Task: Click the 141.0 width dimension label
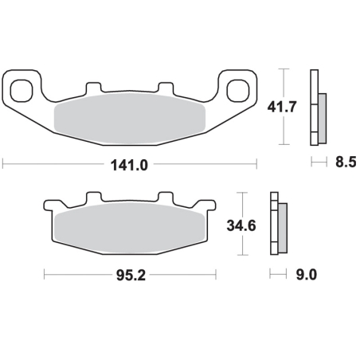(129, 166)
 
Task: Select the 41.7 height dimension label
(282, 107)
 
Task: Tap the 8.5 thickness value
(346, 162)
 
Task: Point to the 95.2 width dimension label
(131, 276)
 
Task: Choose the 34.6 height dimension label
(241, 225)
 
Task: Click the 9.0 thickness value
(307, 274)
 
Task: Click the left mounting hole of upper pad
(22, 90)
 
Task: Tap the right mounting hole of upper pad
(238, 90)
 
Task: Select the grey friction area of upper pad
(130, 119)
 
